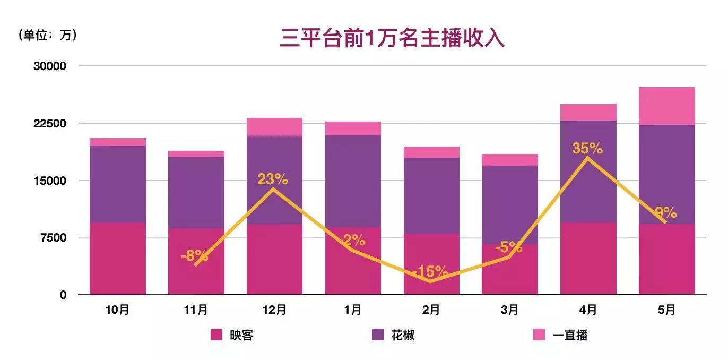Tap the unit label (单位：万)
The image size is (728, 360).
(48, 35)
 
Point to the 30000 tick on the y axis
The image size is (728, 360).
(50, 66)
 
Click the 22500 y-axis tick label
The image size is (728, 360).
(50, 124)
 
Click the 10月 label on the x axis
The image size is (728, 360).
(117, 310)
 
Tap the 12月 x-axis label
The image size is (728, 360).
(274, 310)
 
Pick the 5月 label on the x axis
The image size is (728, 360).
(666, 310)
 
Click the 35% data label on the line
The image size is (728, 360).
(587, 148)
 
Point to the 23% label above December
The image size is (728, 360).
(273, 179)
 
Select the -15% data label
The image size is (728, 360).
(430, 272)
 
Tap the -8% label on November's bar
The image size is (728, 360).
(194, 256)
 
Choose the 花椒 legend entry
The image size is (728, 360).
(393, 335)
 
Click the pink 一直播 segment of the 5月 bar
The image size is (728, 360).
(666, 106)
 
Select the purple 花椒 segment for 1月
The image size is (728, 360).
(353, 181)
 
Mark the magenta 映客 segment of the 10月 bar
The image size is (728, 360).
(117, 259)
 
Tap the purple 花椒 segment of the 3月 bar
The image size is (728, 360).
(509, 204)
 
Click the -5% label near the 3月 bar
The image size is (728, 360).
(508, 247)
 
